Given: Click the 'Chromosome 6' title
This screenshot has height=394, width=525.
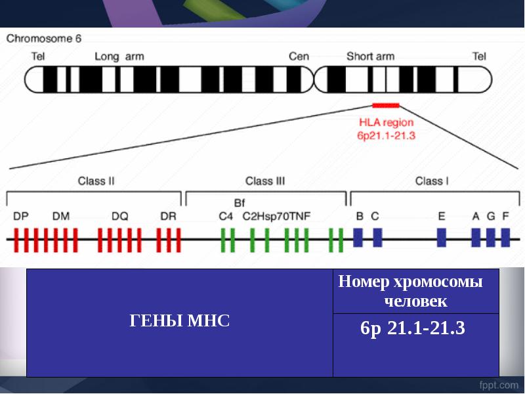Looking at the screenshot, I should click(44, 38).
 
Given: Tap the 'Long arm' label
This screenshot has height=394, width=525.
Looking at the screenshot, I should click(116, 56).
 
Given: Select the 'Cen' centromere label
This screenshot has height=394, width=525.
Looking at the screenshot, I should click(299, 56).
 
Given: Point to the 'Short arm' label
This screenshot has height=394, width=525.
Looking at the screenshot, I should click(370, 56).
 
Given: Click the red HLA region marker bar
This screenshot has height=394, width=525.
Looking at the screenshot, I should click(386, 105).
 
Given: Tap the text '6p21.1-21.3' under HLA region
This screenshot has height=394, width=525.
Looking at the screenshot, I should click(387, 135).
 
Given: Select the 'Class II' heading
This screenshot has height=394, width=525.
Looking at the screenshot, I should click(96, 181).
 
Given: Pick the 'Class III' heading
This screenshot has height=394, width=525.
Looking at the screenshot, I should click(265, 181).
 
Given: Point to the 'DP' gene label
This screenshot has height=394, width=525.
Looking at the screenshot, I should click(20, 215).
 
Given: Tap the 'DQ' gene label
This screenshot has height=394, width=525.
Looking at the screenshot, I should click(119, 215).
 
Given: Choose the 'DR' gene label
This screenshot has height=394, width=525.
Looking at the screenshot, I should click(169, 215).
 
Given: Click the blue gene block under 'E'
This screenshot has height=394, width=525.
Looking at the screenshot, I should click(442, 237).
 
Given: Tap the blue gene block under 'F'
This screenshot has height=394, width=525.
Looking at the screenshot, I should click(505, 237).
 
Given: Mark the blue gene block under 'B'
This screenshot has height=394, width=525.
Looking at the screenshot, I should click(358, 237).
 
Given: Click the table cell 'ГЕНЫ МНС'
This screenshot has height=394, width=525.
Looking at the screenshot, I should click(180, 322).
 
